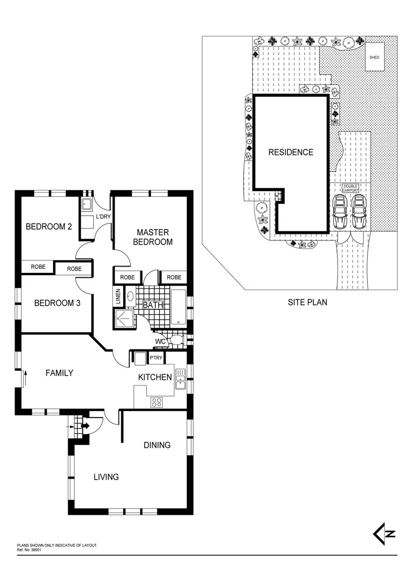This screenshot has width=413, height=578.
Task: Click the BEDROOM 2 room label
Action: tap(49, 226)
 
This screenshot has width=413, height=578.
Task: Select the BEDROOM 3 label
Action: tap(57, 303)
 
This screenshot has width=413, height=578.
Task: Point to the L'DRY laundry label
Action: tap(102, 217)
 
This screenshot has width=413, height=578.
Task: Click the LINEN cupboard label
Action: tap(118, 298)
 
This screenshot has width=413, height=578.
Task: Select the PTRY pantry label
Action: tap(156, 358)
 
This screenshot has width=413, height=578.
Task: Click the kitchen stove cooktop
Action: tap(156, 402)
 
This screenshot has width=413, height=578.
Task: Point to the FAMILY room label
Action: tap(59, 373)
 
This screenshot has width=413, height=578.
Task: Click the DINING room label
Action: tap(157, 445)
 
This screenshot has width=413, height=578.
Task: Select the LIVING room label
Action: tap(106, 477)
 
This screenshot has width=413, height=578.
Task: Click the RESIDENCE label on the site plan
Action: tap(290, 152)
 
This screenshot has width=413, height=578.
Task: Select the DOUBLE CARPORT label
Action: tap(351, 188)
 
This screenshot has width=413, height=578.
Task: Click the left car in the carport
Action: tap(339, 212)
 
